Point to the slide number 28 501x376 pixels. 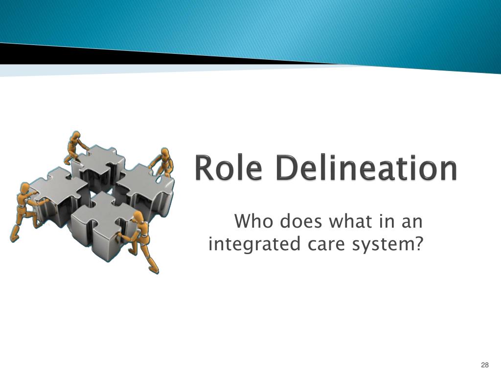[485, 365]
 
